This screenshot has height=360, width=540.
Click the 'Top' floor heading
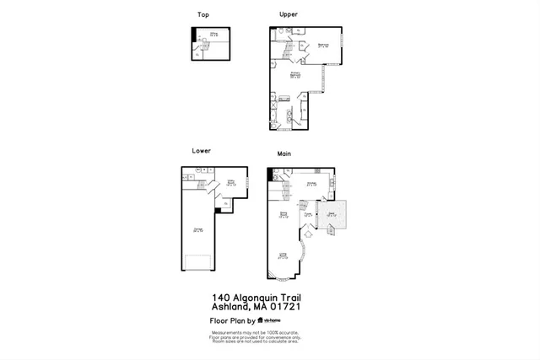(202, 14)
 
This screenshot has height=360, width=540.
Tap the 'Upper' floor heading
(289, 14)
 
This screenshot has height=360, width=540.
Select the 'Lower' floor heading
(201, 151)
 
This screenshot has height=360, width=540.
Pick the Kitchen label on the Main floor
(310, 183)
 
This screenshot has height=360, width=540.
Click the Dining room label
(284, 216)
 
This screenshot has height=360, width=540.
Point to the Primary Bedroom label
(296, 75)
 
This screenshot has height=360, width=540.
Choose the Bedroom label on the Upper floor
(323, 46)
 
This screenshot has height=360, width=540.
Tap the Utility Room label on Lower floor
(230, 182)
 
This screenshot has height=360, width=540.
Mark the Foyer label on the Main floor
(309, 214)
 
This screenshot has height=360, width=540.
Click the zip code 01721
(285, 307)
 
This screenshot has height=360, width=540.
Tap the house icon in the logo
(260, 321)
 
